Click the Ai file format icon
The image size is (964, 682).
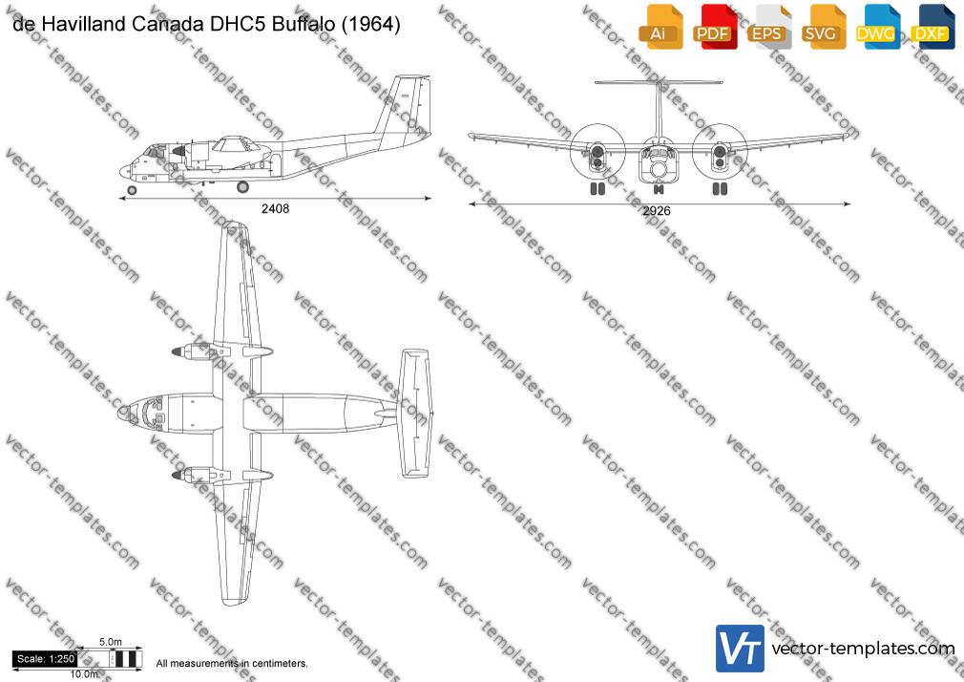coord(660,27)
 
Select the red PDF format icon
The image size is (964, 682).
coord(715,27)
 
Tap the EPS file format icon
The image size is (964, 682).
coord(769,27)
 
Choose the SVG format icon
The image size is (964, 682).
coord(823,27)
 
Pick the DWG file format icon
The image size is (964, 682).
coord(877,27)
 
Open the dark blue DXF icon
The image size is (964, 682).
coord(933,27)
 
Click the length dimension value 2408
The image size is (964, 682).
coord(275,208)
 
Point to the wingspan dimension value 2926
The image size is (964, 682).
coord(656,210)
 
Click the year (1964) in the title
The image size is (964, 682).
coord(371,24)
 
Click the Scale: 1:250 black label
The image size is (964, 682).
coord(46,659)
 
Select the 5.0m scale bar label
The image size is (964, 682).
coord(111,642)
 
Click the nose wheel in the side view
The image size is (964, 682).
coord(132,190)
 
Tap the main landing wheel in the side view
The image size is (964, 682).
coord(242,186)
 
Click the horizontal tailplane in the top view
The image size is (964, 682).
coord(415,414)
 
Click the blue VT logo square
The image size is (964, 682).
coord(741,649)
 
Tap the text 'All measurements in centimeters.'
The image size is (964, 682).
coord(232,664)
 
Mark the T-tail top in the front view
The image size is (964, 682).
coord(659,82)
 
